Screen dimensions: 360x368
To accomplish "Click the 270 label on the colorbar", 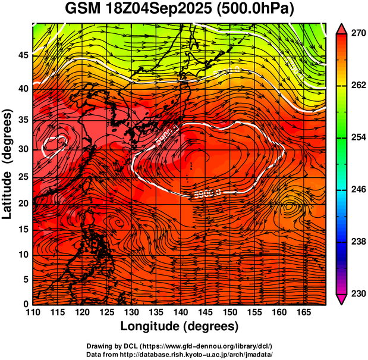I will [357, 34].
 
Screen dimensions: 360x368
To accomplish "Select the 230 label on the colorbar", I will [357, 293].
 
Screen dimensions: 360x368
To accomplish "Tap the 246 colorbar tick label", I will [357, 189].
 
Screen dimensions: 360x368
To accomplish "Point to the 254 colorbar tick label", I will [357, 137].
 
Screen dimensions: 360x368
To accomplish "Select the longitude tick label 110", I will [33, 312].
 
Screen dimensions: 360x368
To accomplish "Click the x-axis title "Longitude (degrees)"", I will [180, 326].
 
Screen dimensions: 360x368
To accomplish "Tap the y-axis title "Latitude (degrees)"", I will [8, 163].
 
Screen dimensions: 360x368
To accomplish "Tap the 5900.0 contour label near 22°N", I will [208, 193].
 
